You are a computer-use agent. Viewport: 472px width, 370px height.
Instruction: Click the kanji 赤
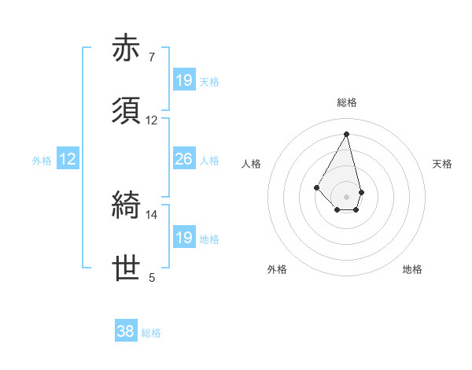pos(127,49)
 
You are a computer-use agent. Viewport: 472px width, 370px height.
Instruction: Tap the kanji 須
pos(127,112)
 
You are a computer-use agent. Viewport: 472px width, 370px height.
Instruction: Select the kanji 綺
pos(127,206)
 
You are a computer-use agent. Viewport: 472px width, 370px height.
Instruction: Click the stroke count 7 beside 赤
pos(151,57)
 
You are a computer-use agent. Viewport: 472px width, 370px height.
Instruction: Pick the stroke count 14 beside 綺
pos(152,214)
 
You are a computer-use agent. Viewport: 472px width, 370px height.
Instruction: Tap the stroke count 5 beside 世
pos(151,277)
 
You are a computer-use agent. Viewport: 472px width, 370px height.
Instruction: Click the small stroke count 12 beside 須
pos(152,120)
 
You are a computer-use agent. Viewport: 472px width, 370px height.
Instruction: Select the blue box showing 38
pos(126,332)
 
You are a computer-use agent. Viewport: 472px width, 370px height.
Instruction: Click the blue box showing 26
pos(184,160)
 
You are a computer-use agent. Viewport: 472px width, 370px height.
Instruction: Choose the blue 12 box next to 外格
pos(68,160)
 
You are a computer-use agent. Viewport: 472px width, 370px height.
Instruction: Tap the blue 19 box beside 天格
pos(184,80)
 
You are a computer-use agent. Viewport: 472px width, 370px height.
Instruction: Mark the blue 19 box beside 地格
pos(184,238)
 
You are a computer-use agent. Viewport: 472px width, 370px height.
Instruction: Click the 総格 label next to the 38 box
pos(151,333)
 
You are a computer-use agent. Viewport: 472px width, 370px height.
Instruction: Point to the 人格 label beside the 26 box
pos(209,161)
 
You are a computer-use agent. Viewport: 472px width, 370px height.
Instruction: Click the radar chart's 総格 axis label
pos(347,102)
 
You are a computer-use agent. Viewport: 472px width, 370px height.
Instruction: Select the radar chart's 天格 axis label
pos(442,164)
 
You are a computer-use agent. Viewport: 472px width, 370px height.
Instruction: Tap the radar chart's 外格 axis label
pos(277,270)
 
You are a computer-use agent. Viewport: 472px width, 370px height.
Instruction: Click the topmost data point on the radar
pos(346,134)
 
